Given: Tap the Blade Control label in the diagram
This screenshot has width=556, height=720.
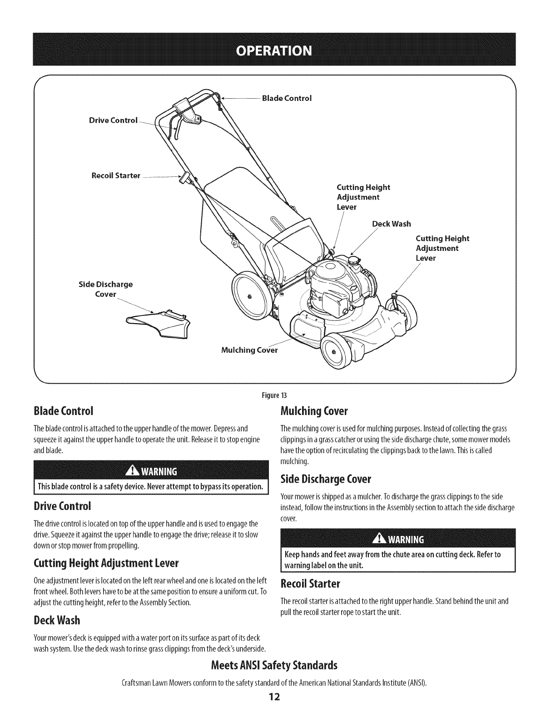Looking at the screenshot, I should pos(287,98).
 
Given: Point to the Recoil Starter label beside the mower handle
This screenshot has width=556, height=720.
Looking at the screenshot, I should pos(115,175).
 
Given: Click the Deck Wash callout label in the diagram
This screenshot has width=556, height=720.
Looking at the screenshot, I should pos(391,224).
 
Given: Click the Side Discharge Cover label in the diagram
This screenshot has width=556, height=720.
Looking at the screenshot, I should pos(105,289).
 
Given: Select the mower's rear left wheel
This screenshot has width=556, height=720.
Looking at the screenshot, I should pos(248,296).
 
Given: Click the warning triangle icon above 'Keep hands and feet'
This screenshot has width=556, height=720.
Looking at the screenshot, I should pos(378,539).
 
